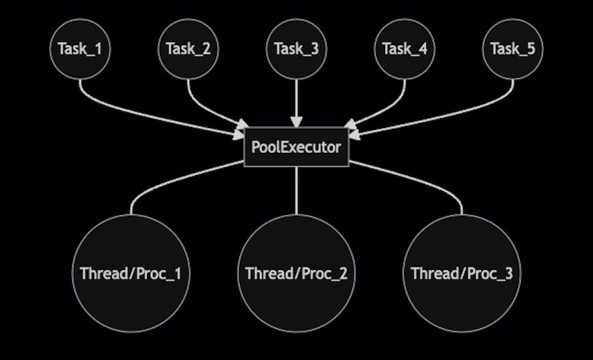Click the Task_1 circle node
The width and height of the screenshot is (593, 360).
(x=80, y=49)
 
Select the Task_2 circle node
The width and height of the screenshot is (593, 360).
(x=188, y=49)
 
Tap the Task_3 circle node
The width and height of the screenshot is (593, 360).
(x=296, y=49)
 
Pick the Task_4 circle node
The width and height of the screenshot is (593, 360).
(x=405, y=49)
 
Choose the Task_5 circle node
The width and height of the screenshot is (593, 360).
(x=513, y=49)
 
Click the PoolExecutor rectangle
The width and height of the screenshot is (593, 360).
(x=296, y=147)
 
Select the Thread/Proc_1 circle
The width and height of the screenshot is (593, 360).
(x=131, y=273)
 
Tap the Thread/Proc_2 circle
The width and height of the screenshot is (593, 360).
(x=296, y=273)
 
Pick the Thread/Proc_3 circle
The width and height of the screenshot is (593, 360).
(x=462, y=273)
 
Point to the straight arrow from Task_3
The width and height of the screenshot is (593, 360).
(x=296, y=98)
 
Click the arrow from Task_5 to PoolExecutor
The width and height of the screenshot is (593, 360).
(x=458, y=111)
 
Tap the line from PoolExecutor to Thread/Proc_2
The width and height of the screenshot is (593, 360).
(x=296, y=189)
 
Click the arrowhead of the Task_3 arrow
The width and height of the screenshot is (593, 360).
(x=296, y=122)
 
